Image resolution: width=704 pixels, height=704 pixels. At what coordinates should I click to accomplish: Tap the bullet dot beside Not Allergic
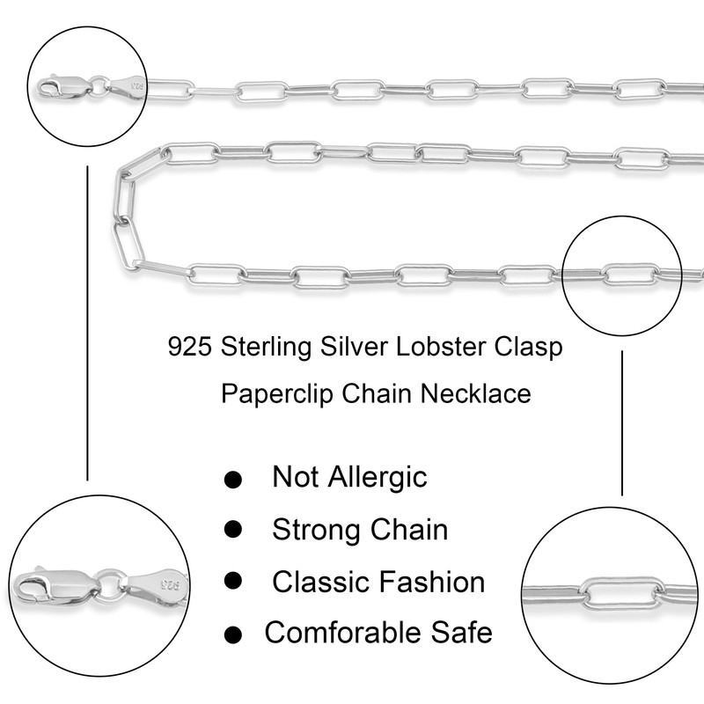(232, 480)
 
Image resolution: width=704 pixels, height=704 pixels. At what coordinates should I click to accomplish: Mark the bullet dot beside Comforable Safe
(232, 634)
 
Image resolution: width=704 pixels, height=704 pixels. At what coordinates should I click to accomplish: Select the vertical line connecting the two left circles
(87, 321)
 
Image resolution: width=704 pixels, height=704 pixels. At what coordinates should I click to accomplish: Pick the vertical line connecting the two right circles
(622, 422)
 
